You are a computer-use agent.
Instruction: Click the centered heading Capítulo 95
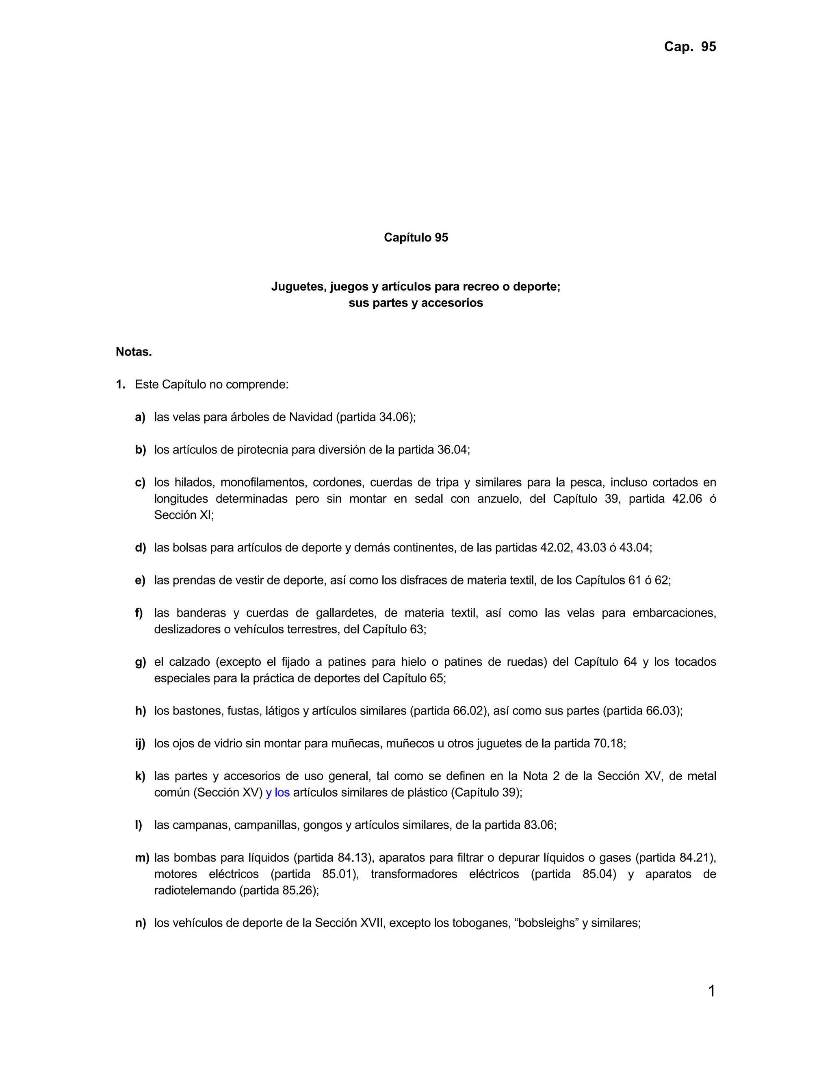[x=416, y=238]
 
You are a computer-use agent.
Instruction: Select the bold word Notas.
[x=134, y=352]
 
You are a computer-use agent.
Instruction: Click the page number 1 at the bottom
[x=711, y=991]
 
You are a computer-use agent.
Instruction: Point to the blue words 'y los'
[x=277, y=793]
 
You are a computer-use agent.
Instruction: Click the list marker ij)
[x=141, y=744]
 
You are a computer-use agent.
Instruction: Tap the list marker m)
[x=142, y=858]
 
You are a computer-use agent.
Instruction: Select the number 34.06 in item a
[x=394, y=417]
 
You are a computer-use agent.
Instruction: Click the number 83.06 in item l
[x=539, y=825]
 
